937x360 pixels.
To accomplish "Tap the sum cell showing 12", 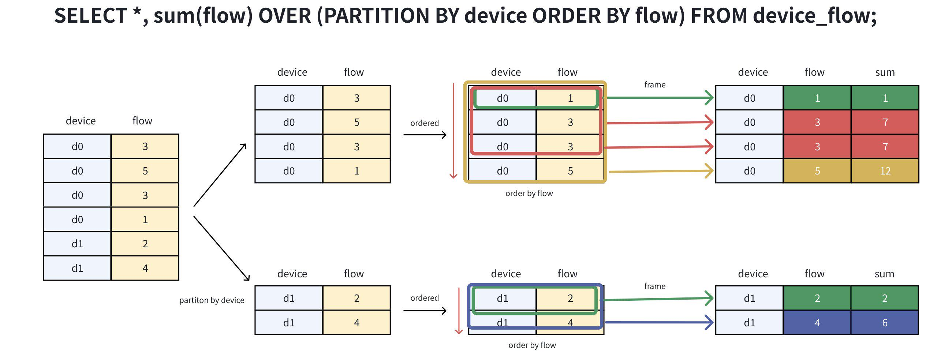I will [885, 171].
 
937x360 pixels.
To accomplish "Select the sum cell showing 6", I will [885, 323].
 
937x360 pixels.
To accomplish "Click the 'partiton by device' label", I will [212, 300].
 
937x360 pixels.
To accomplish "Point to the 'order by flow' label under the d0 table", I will [529, 194].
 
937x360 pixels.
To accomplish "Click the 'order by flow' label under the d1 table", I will [532, 345].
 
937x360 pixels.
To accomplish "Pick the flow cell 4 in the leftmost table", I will [145, 268].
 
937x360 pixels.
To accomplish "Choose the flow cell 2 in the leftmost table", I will [145, 244].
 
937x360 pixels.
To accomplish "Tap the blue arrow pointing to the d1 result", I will [659, 323].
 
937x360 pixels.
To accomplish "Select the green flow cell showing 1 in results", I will [817, 98].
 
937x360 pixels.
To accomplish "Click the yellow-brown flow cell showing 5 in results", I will [817, 171].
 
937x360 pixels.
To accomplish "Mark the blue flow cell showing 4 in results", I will [817, 323].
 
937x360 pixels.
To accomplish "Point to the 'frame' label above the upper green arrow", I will [655, 85].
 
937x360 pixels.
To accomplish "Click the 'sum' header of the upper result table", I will [885, 72].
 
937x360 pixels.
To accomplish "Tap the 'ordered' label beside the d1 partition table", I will [424, 298].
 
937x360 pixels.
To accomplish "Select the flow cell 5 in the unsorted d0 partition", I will [356, 122].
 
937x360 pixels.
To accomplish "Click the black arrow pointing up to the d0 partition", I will [220, 175].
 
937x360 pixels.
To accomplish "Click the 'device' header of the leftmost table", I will [81, 121].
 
